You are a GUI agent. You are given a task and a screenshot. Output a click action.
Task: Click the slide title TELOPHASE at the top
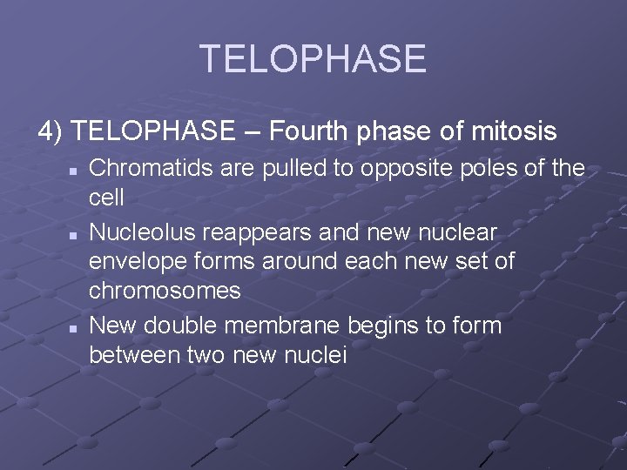pyautogui.click(x=313, y=59)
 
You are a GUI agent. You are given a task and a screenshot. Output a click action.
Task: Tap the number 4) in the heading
pyautogui.click(x=51, y=131)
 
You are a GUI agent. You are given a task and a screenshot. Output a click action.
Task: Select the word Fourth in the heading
pyautogui.click(x=307, y=131)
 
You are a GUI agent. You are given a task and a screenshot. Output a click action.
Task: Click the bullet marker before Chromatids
pyautogui.click(x=76, y=170)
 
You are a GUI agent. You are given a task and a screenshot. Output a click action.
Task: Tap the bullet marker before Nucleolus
pyautogui.click(x=76, y=234)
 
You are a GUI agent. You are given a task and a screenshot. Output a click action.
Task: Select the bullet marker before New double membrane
pyautogui.click(x=76, y=327)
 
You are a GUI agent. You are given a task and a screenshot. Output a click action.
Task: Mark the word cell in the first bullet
pyautogui.click(x=107, y=198)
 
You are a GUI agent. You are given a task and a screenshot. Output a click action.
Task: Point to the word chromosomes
pyautogui.click(x=165, y=291)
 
